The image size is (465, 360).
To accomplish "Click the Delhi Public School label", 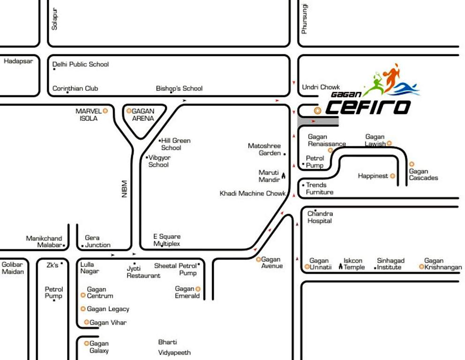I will click(x=81, y=64).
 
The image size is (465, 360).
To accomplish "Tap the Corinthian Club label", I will click(x=75, y=88).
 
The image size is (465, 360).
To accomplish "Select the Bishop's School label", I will click(x=179, y=88).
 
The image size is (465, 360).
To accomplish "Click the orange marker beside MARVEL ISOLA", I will click(x=105, y=111).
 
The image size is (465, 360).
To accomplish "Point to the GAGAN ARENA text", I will click(x=142, y=114).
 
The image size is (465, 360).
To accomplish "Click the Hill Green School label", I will click(x=175, y=144).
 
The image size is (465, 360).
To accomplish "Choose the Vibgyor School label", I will click(x=158, y=161).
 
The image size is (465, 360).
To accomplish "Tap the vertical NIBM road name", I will click(x=125, y=189).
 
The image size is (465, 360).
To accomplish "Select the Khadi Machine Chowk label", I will click(x=253, y=193).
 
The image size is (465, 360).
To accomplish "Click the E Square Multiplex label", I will click(x=167, y=240).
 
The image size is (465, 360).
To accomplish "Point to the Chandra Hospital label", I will click(x=320, y=217).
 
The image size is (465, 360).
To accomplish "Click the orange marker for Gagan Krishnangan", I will click(x=421, y=267).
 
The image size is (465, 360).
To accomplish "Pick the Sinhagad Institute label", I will click(x=390, y=264).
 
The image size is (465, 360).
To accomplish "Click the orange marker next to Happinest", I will click(x=393, y=176).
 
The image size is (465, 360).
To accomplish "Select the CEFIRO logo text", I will click(x=368, y=107).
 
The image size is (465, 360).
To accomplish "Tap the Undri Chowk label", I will click(x=321, y=87).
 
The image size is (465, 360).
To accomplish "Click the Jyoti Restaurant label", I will click(x=143, y=272).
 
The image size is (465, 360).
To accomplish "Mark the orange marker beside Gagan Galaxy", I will click(x=86, y=343).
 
